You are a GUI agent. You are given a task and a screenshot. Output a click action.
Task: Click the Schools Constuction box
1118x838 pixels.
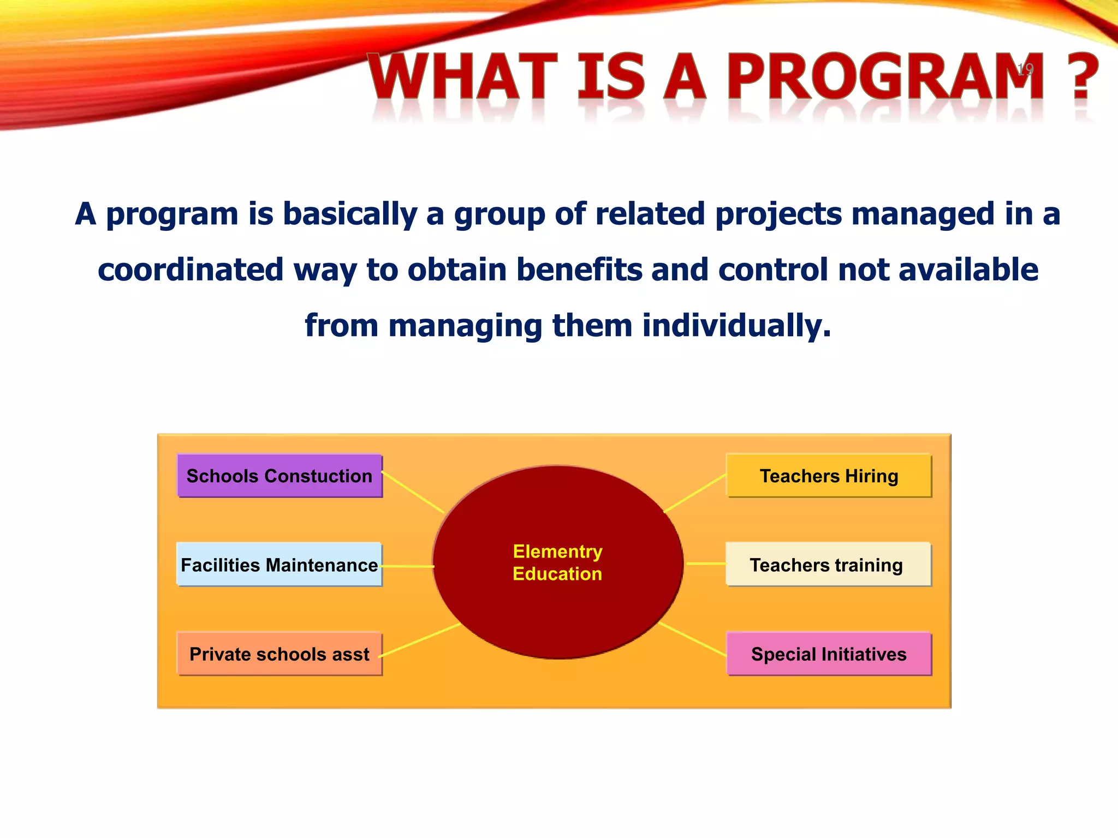279,476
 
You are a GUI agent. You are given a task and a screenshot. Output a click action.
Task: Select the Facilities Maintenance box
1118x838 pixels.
279,565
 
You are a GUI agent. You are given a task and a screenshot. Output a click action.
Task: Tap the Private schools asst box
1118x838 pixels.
279,654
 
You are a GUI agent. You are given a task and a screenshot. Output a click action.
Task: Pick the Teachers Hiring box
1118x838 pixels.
829,476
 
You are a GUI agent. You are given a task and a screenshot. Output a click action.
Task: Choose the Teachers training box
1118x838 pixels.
829,565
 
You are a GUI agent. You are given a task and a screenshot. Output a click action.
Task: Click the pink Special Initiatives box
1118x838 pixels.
829,654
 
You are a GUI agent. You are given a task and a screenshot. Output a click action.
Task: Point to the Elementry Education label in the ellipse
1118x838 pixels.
557,562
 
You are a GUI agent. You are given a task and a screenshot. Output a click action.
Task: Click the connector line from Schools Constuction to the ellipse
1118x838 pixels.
413,493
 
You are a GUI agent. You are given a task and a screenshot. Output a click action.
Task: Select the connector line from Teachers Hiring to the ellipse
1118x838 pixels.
695,493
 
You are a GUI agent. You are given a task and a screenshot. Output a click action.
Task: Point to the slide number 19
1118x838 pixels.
1025,69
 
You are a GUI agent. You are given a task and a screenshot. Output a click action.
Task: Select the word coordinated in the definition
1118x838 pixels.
191,270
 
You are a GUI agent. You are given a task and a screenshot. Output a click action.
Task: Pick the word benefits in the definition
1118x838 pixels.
579,270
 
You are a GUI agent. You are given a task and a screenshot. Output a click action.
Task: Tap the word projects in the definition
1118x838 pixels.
778,213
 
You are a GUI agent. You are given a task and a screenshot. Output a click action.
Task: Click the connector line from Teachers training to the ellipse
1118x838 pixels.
706,564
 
